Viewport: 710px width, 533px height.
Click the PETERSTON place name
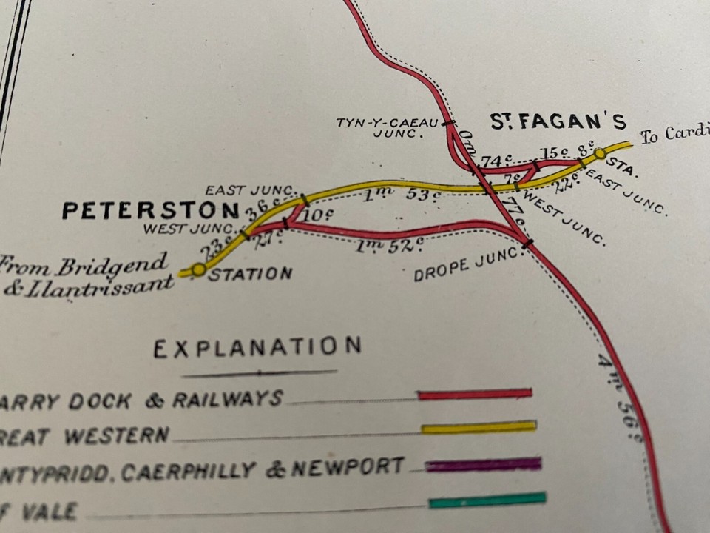150,210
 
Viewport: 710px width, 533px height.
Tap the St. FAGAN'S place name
558,122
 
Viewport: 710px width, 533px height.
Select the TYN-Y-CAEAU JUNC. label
388,128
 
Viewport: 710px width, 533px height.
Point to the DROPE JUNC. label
467,264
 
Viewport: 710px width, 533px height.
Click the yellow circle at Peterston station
198,270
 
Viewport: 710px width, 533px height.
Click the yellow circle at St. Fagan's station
600,154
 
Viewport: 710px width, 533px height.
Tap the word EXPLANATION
257,346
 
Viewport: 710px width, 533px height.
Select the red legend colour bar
474,394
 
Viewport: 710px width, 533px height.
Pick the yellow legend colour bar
479,427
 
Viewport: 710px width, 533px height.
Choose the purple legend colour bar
483,465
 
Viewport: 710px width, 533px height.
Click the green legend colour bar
487,500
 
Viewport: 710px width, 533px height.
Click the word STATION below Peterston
250,275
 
